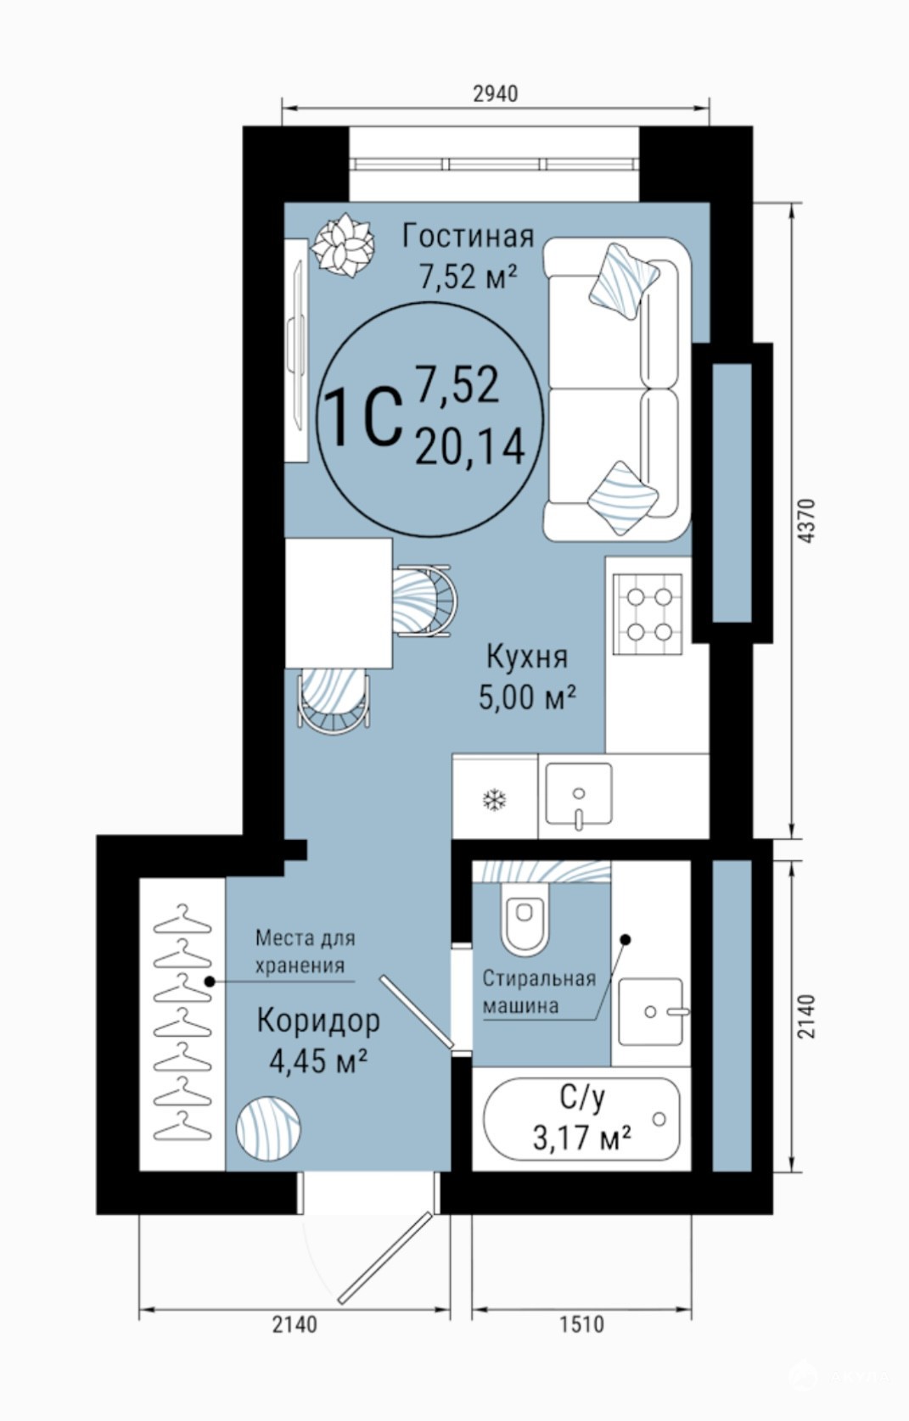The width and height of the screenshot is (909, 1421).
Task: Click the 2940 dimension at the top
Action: (x=495, y=93)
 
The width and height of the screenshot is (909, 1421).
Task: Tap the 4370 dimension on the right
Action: (x=805, y=521)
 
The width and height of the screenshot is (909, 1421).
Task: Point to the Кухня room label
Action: (x=527, y=657)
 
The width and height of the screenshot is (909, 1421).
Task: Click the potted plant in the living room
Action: (x=341, y=245)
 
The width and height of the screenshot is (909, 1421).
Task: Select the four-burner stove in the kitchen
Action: (x=647, y=615)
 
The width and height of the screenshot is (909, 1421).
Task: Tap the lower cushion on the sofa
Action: (x=622, y=497)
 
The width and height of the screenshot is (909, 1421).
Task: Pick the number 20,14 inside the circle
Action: (x=470, y=446)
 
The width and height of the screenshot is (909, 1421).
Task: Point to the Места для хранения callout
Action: (x=306, y=952)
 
